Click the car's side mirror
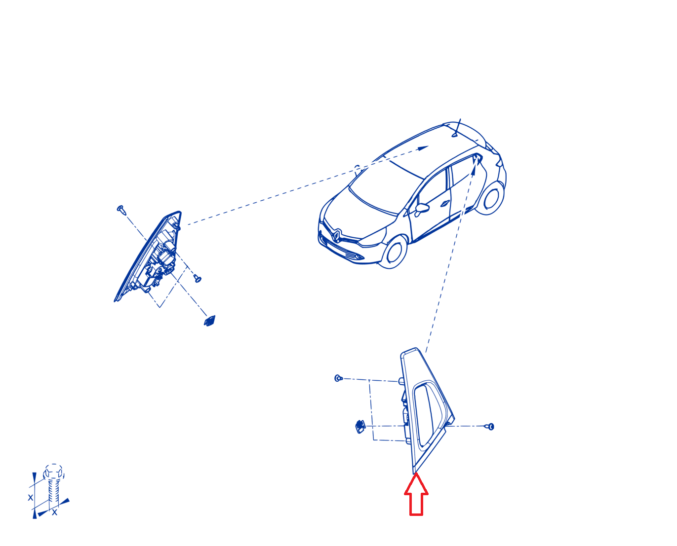[x=422, y=209]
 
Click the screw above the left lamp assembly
[x=121, y=209]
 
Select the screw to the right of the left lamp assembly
[x=198, y=278]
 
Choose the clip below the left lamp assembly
[x=209, y=321]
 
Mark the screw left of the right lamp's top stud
[x=338, y=378]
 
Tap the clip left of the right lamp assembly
[x=360, y=427]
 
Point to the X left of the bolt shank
[x=31, y=498]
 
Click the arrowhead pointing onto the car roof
[x=423, y=148]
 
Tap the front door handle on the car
[x=445, y=203]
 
